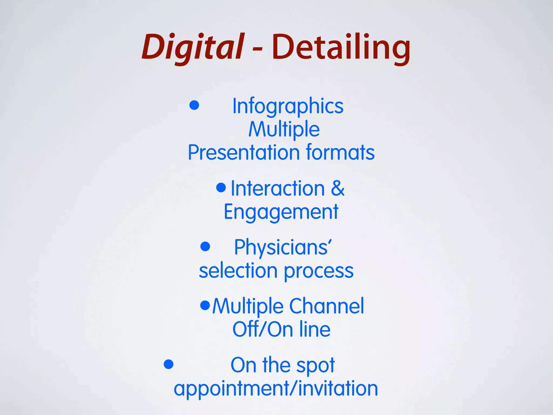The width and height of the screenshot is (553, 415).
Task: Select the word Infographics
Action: [288, 106]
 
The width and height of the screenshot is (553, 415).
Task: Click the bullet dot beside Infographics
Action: [194, 105]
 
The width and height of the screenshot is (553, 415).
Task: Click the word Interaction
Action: [278, 188]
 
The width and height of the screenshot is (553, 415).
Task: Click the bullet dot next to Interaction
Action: [221, 188]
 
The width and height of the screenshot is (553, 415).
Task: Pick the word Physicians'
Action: [283, 247]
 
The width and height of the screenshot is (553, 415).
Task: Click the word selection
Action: [238, 271]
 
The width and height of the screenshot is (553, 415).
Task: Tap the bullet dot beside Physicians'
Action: [205, 246]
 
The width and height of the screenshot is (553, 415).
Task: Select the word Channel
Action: [326, 306]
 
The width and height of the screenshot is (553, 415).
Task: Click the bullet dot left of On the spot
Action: [168, 364]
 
